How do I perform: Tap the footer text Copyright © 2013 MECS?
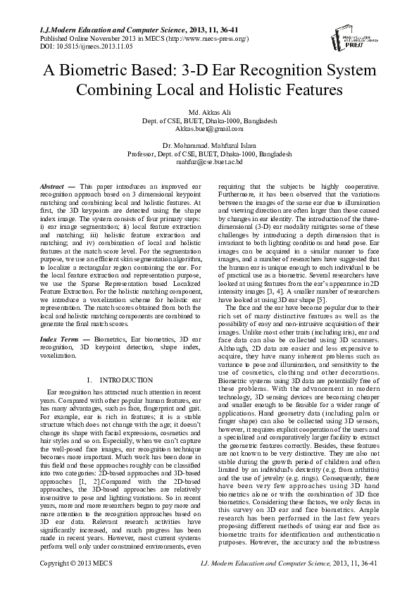click(x=76, y=582)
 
